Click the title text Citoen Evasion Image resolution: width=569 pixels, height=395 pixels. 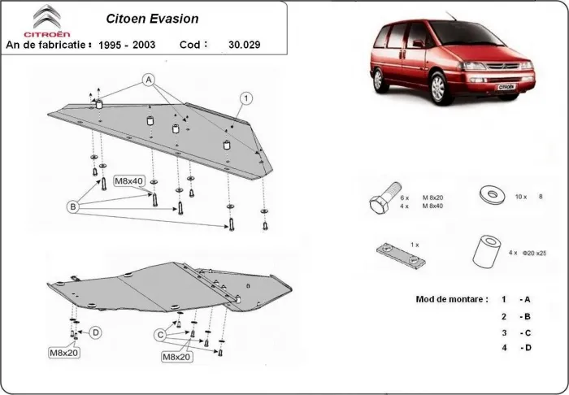tap(152, 17)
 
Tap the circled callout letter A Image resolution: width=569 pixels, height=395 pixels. tap(149, 79)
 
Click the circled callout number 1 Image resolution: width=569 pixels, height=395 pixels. tap(243, 98)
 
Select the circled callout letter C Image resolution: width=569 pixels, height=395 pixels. tap(161, 335)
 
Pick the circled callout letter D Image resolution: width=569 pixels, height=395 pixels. tap(96, 332)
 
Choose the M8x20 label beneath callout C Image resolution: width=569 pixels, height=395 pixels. tap(176, 356)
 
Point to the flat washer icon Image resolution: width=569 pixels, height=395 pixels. tap(490, 195)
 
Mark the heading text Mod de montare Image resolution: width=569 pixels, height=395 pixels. tap(451, 299)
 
